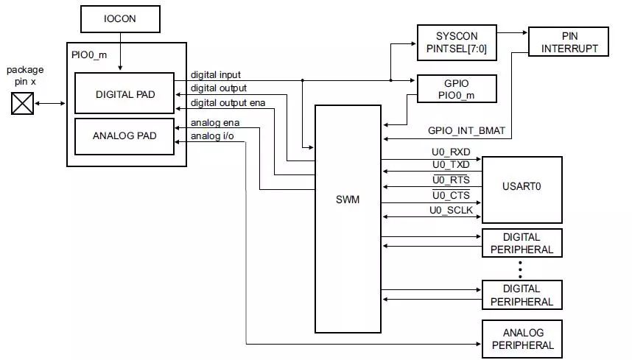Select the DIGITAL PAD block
[x=124, y=94]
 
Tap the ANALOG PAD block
[x=124, y=135]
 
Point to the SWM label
[x=347, y=199]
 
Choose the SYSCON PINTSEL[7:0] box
[x=457, y=43]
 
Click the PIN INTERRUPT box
[x=569, y=42]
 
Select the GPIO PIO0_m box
[x=457, y=88]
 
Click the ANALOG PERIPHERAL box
[x=522, y=339]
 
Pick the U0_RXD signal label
[x=451, y=153]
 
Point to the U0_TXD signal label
[x=451, y=165]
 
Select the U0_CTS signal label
[x=451, y=196]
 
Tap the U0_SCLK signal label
[x=451, y=211]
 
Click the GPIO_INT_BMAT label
[x=466, y=131]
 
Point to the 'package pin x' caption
[x=26, y=75]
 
